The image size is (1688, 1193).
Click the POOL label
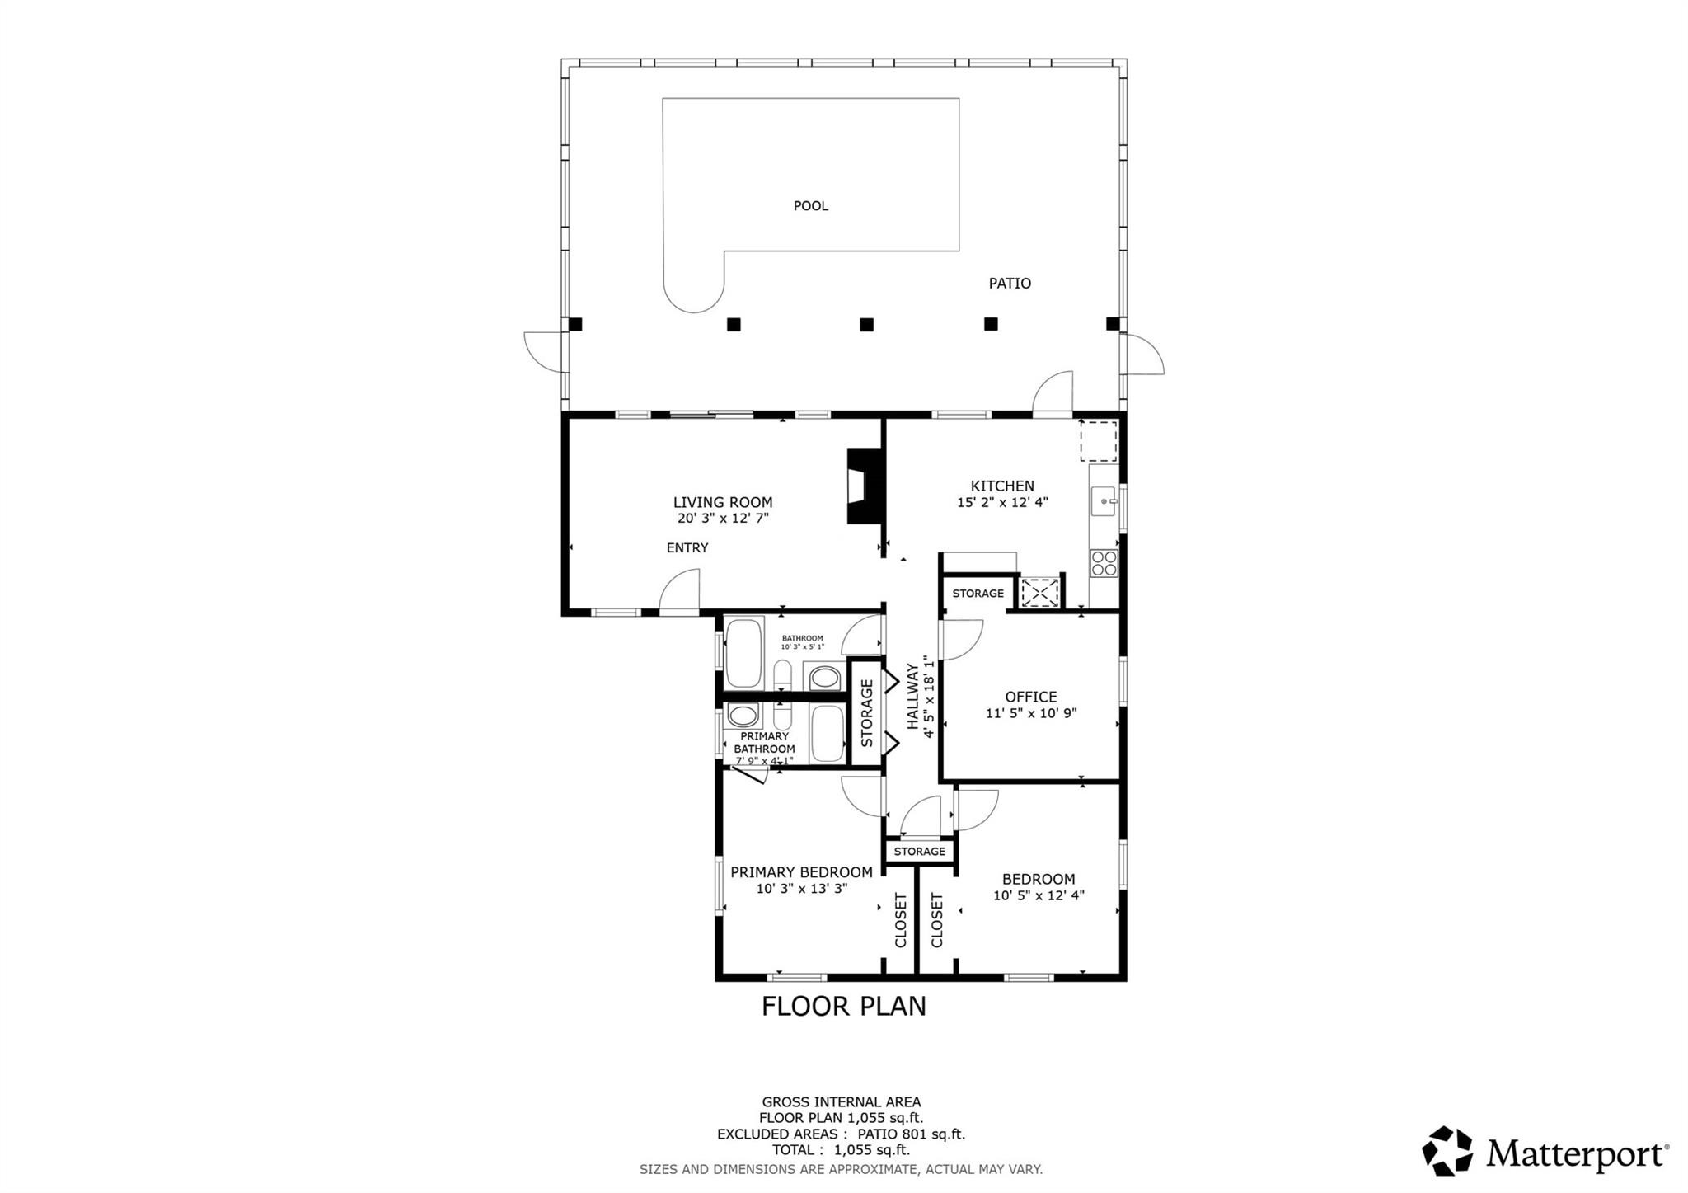[810, 206]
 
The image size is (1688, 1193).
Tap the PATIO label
[1010, 284]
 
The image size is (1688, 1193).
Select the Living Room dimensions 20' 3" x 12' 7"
[723, 519]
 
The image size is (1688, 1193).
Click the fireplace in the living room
[864, 486]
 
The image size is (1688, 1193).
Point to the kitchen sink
[1103, 500]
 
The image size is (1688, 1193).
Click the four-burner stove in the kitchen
[1104, 563]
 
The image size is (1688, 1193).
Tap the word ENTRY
[687, 548]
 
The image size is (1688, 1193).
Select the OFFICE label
[1031, 697]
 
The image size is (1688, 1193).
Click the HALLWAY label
[913, 697]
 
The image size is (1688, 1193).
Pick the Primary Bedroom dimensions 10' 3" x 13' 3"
[802, 889]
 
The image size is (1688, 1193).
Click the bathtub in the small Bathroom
[744, 652]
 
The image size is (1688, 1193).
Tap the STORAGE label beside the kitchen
[978, 594]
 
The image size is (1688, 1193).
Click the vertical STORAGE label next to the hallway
[866, 713]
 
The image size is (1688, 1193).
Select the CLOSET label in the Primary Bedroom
[901, 920]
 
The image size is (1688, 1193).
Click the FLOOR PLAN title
[843, 1007]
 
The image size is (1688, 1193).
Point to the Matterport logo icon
[1447, 1150]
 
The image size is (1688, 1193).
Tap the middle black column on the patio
[866, 325]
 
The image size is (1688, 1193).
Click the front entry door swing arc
[678, 591]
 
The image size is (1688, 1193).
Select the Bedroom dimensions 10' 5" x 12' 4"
[1039, 895]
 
